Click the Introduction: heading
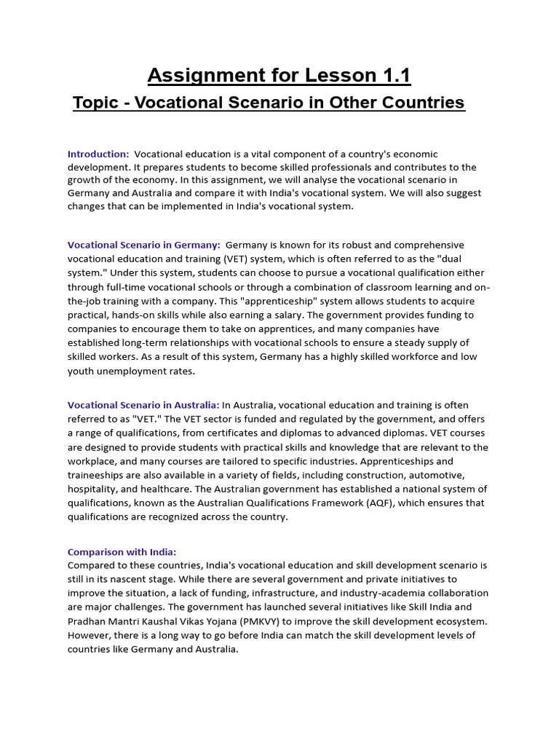[x=98, y=154]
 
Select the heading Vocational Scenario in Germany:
[x=144, y=245]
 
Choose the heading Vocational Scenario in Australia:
[x=143, y=405]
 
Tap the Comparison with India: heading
[x=122, y=551]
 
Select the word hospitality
[x=95, y=489]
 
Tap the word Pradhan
[x=88, y=621]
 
